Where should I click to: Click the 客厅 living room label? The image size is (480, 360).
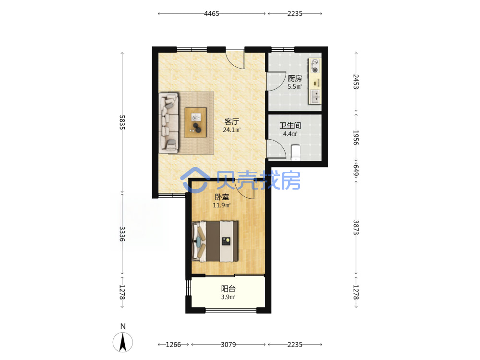[232, 121]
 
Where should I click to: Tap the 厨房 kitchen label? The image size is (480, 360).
[295, 78]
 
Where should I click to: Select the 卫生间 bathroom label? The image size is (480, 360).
[290, 125]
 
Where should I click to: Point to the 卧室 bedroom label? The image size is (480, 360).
[222, 197]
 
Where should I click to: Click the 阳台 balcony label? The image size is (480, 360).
[228, 288]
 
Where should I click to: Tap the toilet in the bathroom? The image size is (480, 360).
[296, 153]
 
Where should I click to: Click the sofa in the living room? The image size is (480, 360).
[168, 123]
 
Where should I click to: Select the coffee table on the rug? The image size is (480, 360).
[196, 122]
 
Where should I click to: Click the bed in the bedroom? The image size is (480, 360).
[215, 241]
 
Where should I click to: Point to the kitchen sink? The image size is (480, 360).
[315, 96]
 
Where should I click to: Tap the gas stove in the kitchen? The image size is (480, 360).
[315, 66]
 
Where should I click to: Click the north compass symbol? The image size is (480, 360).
[123, 342]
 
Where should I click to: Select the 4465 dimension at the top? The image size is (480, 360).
[212, 13]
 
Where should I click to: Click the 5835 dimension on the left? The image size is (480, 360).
[122, 122]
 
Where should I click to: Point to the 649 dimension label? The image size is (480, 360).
[356, 170]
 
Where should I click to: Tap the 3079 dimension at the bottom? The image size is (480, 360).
[228, 345]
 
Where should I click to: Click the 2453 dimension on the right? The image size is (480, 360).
[356, 82]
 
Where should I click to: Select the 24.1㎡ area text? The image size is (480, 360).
[232, 130]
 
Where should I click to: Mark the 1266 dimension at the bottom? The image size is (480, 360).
[173, 345]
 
